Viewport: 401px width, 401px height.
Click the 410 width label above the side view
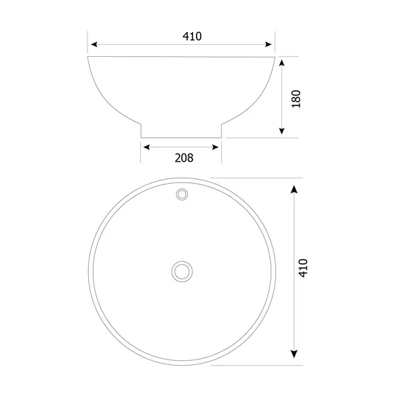point(192,36)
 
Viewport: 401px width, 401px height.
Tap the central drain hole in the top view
point(181,271)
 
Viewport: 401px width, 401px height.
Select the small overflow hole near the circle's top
point(181,194)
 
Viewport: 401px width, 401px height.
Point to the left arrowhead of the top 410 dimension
point(94,45)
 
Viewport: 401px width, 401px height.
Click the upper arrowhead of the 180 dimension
point(283,62)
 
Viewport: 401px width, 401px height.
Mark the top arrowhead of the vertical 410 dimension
point(293,188)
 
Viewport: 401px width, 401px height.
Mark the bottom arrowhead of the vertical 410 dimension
point(293,356)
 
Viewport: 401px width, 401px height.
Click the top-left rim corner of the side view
point(88,57)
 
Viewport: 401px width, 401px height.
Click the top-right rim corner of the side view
point(275,57)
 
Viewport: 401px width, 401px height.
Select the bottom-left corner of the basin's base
point(141,137)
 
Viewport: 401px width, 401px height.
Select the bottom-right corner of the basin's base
point(221,137)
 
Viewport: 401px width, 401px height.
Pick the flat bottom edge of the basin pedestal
point(180,137)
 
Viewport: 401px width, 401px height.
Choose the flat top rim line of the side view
point(181,57)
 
